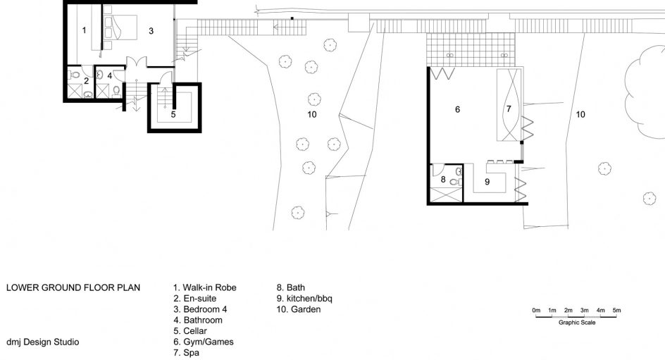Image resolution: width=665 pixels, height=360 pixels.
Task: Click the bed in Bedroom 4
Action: pos(120,27)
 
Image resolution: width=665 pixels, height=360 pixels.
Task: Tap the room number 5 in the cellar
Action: pos(173,115)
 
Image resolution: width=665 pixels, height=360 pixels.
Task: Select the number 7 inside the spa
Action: pos(509,109)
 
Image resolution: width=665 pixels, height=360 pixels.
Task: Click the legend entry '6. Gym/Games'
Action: pos(203,342)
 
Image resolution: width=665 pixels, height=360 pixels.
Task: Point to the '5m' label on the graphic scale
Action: pos(616,311)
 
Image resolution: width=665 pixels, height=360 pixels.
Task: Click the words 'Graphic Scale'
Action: pos(577,323)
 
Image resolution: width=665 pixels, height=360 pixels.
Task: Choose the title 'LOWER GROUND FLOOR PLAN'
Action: pos(73,287)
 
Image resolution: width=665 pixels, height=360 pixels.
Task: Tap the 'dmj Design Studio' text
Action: pos(42,342)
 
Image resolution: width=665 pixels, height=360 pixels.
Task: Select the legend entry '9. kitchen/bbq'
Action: pos(304,299)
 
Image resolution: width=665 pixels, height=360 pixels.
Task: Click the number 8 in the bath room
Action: pos(443,180)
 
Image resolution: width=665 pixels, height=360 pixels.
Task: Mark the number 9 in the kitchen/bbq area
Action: pos(487,182)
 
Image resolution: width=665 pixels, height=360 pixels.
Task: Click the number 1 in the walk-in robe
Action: pos(84,30)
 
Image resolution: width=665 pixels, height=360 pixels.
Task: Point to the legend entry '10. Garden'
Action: pos(299,309)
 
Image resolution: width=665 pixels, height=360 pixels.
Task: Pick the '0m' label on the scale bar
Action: pos(537,311)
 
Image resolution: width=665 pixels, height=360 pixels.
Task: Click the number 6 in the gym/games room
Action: pos(457,109)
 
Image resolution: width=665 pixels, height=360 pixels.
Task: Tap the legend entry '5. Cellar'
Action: pos(190,330)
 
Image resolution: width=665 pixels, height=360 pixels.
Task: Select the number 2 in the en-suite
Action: pos(86,81)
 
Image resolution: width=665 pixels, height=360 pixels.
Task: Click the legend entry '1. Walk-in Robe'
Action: pos(204,287)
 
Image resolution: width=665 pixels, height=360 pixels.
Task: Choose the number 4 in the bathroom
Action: pos(109,76)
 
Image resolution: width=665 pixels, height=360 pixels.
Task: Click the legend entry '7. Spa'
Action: pos(186,353)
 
